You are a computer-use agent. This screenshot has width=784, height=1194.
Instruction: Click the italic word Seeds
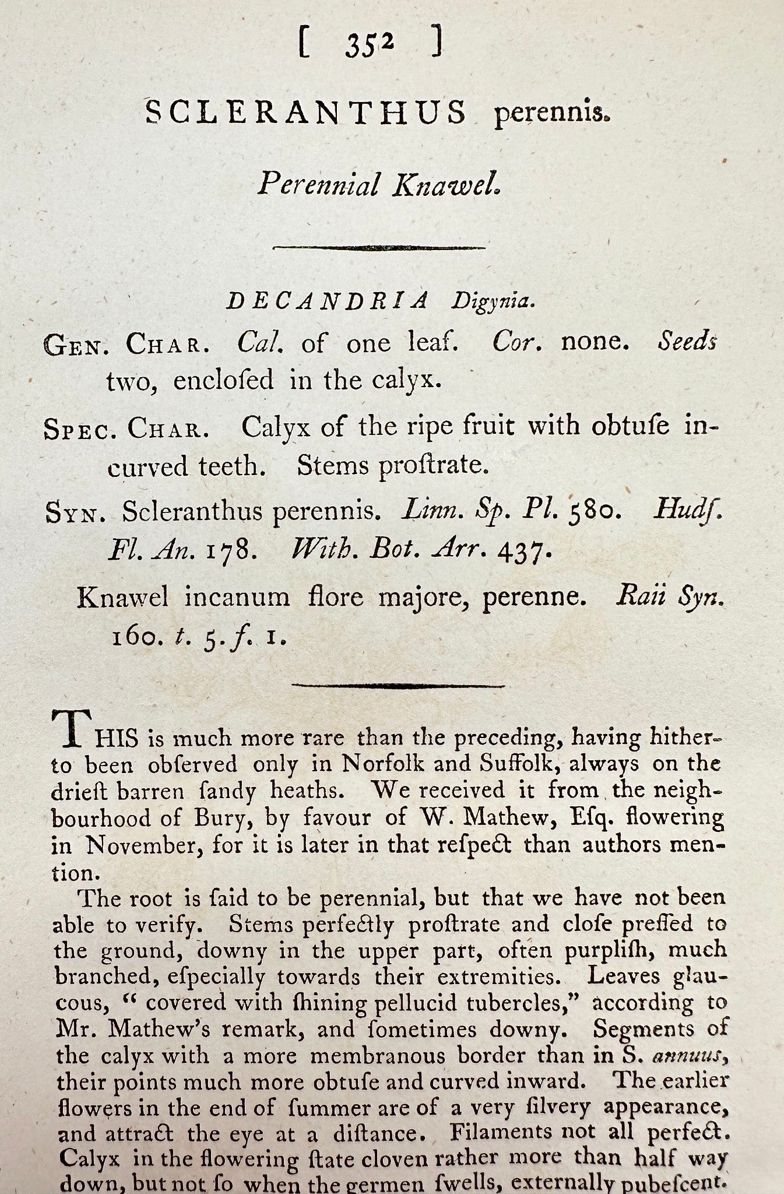coord(687,342)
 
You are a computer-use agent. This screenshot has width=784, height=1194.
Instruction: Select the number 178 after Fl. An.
coord(230,550)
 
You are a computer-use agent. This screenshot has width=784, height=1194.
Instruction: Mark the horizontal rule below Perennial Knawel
coord(379,247)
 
